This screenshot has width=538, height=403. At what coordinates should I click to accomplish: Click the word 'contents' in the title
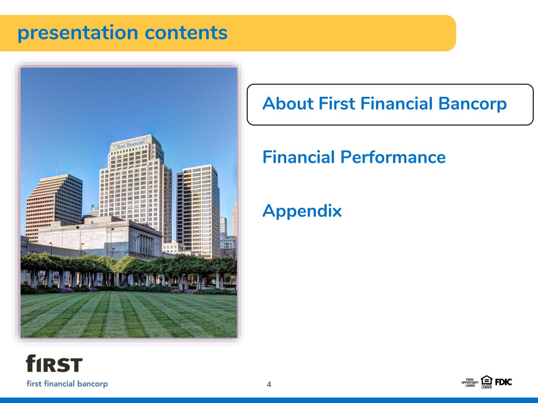186,33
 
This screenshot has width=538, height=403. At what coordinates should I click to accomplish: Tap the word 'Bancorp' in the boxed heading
472,104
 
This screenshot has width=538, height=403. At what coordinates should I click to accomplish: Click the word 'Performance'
393,157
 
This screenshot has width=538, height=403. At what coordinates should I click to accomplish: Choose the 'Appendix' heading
302,211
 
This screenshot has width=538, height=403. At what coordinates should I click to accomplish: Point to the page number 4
269,385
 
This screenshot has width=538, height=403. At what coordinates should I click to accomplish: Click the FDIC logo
503,382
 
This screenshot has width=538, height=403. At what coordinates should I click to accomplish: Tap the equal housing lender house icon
486,380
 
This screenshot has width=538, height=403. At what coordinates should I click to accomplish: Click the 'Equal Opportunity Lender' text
470,383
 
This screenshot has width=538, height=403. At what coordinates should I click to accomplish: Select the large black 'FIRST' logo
54,363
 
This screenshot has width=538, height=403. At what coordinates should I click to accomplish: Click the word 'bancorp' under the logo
92,384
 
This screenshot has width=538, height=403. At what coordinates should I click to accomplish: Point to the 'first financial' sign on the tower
130,144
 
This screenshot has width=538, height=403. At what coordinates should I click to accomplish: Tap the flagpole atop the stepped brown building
57,168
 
